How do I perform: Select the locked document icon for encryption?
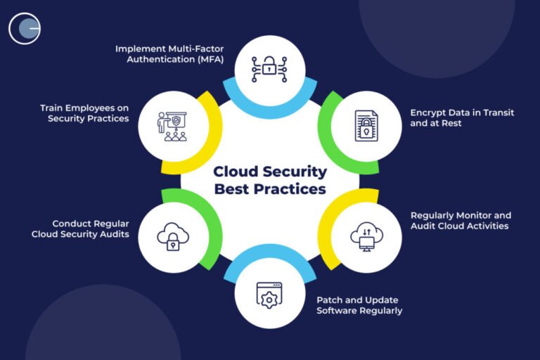click(365, 127)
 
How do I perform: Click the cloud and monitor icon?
click(366, 237)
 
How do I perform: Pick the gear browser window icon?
click(269, 295)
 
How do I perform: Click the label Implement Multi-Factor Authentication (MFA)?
click(170, 53)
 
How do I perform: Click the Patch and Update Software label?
click(359, 304)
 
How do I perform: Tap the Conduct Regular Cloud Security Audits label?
click(80, 229)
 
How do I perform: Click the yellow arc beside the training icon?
click(211, 137)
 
